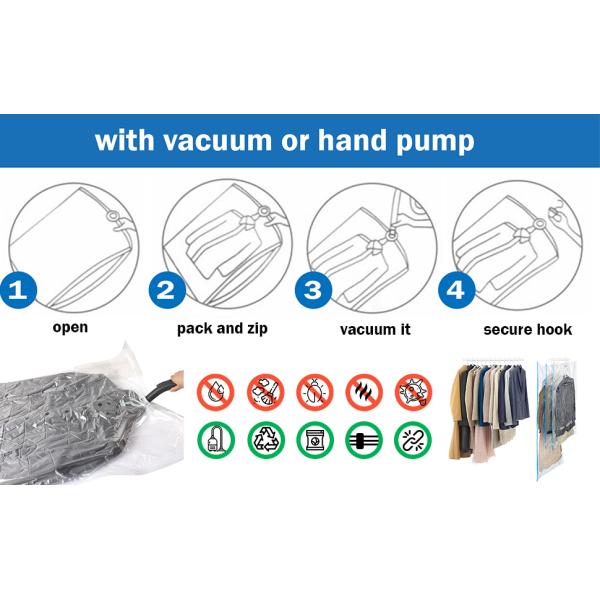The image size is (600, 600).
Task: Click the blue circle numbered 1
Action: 18,290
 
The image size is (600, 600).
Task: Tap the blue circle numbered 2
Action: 167,290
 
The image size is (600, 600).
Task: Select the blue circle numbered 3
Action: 313,290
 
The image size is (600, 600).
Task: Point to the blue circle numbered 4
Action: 456,290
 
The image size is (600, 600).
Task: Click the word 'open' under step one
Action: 70,328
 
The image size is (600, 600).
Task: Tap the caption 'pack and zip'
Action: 222,329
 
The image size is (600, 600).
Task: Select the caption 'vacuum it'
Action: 375,329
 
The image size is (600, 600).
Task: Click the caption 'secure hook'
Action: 528,329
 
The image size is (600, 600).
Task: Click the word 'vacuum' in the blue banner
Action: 217,140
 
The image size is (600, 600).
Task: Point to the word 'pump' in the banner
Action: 435,142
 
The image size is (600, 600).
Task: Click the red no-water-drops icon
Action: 215,393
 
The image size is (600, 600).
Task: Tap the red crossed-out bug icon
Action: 315,393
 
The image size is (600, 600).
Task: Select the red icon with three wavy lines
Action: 364,393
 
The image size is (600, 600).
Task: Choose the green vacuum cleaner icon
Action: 216,440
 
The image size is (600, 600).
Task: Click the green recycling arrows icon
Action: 266,440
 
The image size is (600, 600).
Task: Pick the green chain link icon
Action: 413,440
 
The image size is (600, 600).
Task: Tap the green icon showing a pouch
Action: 315,440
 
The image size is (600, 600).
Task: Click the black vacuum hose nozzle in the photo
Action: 160,389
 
